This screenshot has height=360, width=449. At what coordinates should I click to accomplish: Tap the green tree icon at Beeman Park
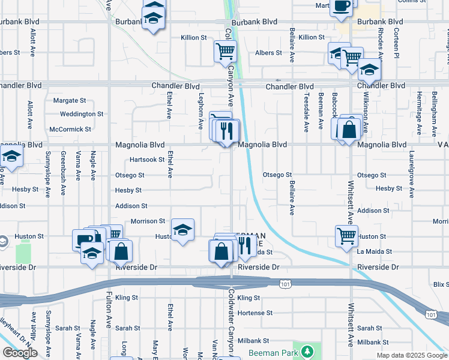click(x=307, y=350)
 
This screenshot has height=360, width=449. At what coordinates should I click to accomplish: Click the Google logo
click(x=20, y=353)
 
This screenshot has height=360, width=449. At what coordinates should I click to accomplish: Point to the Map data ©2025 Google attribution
click(x=412, y=355)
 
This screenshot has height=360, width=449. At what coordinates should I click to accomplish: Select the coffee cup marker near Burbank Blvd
click(x=342, y=6)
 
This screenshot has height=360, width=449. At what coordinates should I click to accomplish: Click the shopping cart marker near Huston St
click(x=346, y=235)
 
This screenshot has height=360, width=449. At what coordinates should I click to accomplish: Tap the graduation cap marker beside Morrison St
click(x=183, y=230)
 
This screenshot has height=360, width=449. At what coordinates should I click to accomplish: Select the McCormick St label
click(x=70, y=129)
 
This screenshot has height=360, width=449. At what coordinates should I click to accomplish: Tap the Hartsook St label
click(x=147, y=160)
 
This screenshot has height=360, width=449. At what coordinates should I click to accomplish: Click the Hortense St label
click(x=255, y=313)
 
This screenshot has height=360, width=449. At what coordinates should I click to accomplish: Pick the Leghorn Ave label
click(x=201, y=110)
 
